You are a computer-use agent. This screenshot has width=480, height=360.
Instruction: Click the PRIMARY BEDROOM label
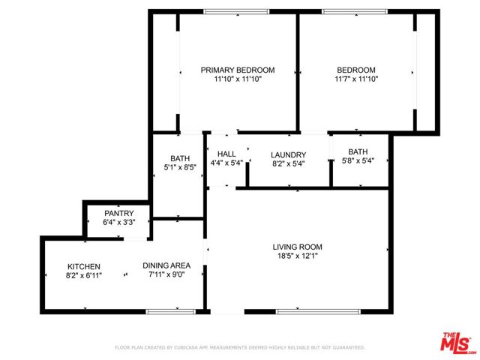238,70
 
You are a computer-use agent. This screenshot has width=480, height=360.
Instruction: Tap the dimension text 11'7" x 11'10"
356,79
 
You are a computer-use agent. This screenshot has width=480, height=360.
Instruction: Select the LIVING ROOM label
297,247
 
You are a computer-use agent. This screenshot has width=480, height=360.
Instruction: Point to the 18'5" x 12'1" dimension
297,256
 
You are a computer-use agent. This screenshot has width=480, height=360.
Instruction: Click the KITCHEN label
84,267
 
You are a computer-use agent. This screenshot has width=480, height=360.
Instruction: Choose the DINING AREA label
166,265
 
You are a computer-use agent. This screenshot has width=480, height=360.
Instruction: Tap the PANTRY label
119,213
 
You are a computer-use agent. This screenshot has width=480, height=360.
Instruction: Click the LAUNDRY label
288,155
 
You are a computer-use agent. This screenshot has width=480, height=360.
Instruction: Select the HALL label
226,154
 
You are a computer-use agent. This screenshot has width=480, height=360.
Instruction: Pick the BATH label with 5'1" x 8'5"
180,158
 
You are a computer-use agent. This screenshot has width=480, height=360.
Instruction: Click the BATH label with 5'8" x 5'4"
358,151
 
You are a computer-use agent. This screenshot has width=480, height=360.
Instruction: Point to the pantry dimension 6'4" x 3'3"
119,222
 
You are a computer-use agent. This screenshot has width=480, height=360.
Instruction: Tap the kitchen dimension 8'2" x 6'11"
84,275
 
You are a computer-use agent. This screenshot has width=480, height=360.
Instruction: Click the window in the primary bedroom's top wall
236,12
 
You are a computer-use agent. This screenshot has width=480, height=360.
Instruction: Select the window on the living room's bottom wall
318,312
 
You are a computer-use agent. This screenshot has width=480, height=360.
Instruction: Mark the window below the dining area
170,312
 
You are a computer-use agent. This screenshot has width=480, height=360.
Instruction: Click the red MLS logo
455,342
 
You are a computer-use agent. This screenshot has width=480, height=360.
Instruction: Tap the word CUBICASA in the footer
186,347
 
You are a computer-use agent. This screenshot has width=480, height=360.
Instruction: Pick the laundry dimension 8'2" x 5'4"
288,163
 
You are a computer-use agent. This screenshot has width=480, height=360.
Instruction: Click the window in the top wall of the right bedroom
355,12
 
